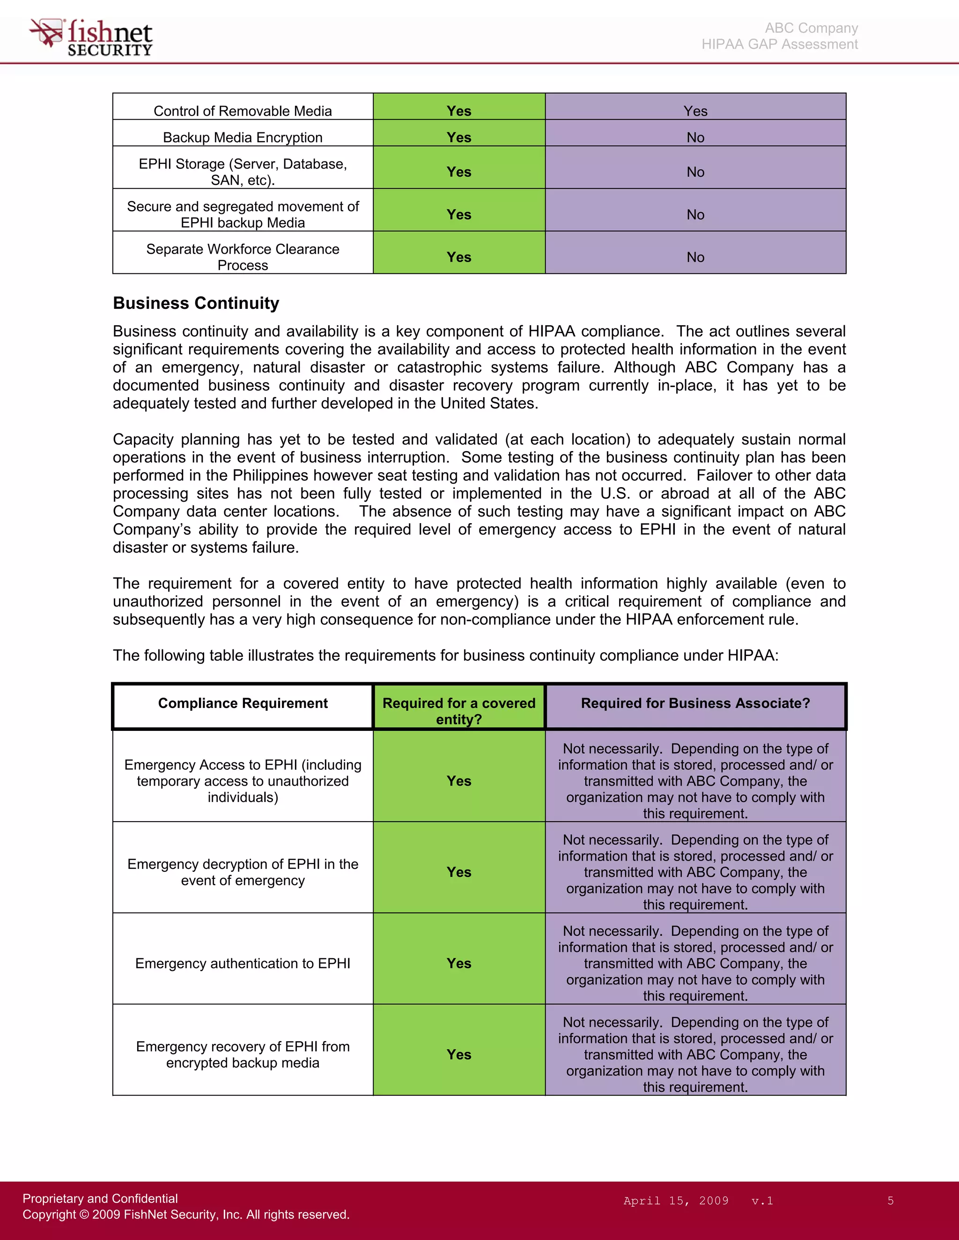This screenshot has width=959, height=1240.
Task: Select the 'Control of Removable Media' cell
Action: pos(243,111)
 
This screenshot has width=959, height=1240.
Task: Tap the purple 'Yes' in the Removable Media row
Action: pos(695,111)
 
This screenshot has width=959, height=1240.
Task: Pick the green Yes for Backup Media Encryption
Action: pos(458,138)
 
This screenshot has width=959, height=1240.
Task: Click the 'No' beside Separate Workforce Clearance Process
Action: pos(695,257)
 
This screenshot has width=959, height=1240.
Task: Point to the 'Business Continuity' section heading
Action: pos(196,303)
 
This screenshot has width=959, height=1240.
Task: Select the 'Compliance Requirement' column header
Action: pos(243,703)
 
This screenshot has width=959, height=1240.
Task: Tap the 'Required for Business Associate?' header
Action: pos(695,703)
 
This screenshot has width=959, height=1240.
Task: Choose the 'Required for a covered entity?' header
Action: pos(458,711)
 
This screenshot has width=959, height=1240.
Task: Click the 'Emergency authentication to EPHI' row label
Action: pos(243,963)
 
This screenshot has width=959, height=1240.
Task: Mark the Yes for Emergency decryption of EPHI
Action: pos(458,872)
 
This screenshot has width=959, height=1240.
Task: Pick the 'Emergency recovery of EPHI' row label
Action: pos(243,1054)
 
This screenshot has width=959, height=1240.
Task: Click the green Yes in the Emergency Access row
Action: pos(458,781)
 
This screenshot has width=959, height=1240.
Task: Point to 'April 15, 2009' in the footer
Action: pos(676,1201)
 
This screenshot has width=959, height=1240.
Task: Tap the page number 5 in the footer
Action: pos(890,1201)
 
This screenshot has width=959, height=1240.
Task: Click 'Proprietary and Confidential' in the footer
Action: pos(100,1198)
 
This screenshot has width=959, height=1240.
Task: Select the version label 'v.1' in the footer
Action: pos(762,1201)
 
